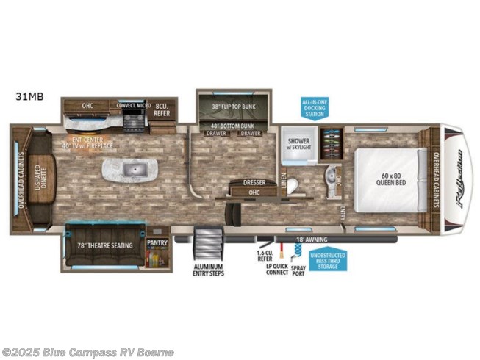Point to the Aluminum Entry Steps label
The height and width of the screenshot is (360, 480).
(x=208, y=270)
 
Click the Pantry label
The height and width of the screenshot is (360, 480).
(x=156, y=242)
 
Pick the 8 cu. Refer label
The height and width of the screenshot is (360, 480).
(x=162, y=109)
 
